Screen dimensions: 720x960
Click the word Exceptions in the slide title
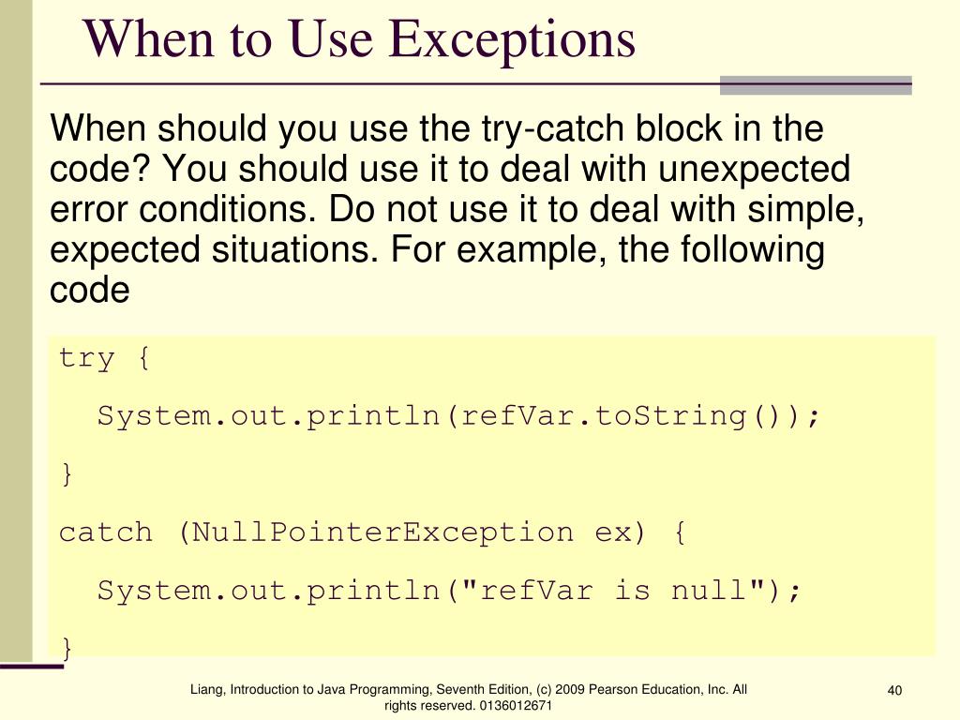pos(512,39)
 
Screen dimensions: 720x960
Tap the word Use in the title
pos(332,39)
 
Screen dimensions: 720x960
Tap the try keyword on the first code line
pos(87,358)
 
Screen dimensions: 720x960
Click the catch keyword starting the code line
pos(106,532)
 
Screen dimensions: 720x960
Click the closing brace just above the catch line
pos(67,474)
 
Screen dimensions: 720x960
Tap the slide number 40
pos(894,692)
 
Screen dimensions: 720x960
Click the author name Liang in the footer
pos(206,690)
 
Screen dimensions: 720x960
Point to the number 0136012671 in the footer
pos(515,705)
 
